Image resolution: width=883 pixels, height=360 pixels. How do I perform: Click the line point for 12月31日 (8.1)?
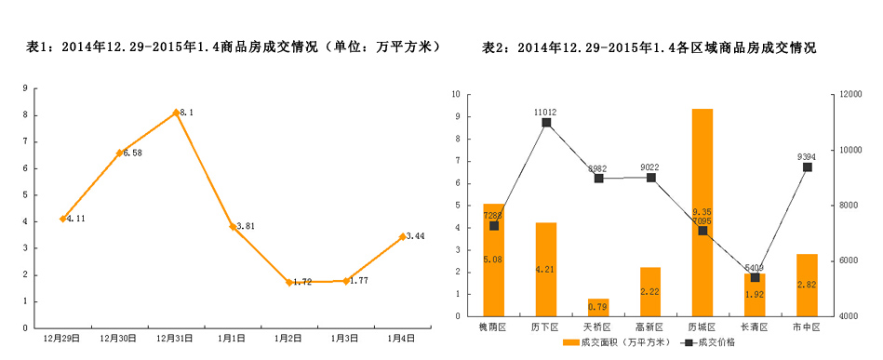[x=176, y=113]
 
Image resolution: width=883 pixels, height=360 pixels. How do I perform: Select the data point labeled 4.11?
[x=62, y=219]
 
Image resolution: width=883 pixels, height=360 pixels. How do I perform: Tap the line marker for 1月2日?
[x=289, y=282]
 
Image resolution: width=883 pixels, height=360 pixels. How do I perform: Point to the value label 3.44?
[x=415, y=236]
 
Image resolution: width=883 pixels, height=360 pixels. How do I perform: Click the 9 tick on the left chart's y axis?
[x=25, y=88]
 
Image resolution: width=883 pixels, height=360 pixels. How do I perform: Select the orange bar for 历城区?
[x=702, y=214]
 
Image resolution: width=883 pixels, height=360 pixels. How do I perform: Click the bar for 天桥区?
[x=598, y=308]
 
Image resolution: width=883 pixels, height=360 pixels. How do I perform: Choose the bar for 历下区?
[x=546, y=270]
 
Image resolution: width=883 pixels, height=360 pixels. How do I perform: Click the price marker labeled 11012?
[x=546, y=123]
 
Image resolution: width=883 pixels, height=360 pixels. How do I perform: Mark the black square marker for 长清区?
[x=755, y=277]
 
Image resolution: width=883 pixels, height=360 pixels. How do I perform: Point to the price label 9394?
[x=807, y=156]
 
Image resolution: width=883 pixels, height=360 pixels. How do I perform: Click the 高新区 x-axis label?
[x=650, y=327]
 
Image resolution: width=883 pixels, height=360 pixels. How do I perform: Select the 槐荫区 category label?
[x=493, y=327]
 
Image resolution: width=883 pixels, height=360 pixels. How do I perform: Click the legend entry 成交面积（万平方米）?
[x=617, y=343]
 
